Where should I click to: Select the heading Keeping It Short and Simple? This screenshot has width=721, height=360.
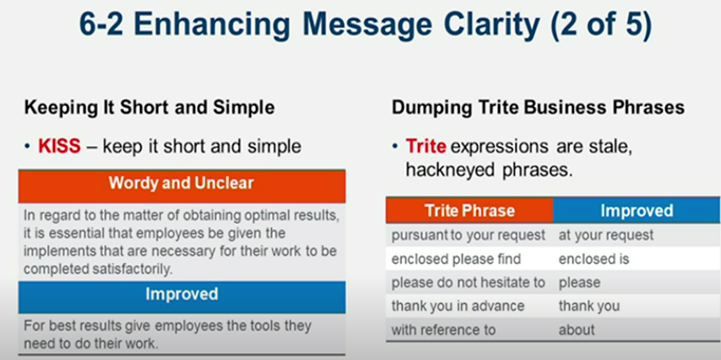(149, 108)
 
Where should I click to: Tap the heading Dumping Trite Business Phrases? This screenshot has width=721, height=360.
(538, 108)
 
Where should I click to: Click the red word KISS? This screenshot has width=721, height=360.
(60, 146)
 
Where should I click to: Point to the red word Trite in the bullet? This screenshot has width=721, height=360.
(425, 146)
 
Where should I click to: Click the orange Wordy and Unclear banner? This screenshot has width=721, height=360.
(181, 184)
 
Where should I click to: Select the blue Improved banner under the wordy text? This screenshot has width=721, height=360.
(181, 293)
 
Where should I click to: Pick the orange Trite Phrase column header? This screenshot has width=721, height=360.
(469, 210)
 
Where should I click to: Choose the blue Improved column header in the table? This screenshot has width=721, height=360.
(635, 210)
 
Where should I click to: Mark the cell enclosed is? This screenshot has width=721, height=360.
(594, 259)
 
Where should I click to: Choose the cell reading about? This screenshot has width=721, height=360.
(577, 329)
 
